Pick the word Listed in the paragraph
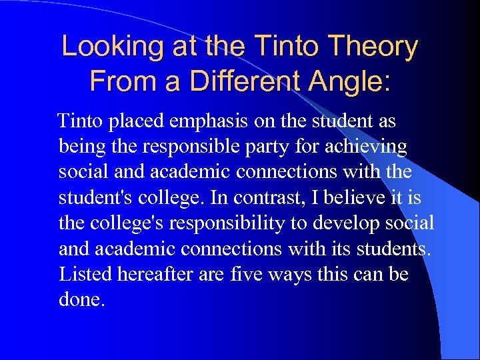point(82,273)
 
